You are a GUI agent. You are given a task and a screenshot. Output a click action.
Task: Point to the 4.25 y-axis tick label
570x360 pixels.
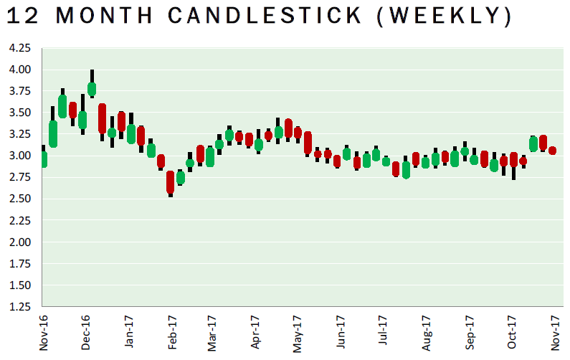19,48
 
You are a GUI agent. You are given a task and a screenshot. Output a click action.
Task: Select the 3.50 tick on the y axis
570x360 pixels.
19,113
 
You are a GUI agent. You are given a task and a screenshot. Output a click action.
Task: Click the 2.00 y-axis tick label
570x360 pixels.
19,242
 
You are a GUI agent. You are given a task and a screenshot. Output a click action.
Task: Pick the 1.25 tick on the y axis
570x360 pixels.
19,306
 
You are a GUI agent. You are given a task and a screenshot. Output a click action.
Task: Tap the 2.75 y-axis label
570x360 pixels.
19,177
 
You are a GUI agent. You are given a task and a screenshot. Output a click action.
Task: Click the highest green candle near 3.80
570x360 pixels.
92,90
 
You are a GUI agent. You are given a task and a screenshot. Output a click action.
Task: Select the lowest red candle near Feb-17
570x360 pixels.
170,182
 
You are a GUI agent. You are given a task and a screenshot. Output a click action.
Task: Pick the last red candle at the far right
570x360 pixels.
553,151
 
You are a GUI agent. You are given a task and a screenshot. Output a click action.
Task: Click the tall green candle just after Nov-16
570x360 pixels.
53,134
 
